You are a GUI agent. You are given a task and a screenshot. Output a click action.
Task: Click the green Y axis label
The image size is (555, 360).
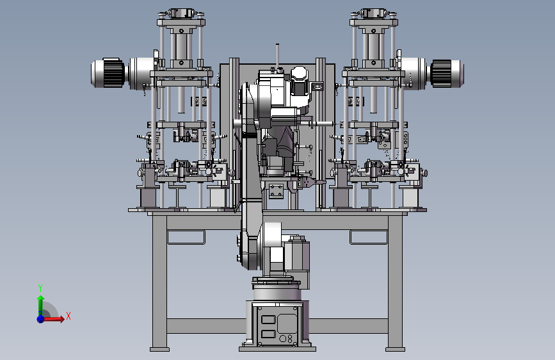(x=40, y=288)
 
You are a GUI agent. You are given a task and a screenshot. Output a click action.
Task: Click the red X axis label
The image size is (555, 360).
(x=68, y=316)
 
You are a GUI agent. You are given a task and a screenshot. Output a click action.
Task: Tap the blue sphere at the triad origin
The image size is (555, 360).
(x=41, y=319)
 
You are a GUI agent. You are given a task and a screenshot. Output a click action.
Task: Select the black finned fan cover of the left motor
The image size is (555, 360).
(x=113, y=72)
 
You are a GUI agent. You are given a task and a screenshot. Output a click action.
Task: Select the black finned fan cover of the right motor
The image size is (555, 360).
(x=441, y=72)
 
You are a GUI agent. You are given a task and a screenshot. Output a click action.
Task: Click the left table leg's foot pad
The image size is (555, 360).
(x=159, y=349)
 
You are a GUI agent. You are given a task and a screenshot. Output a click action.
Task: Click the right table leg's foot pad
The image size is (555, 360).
(x=395, y=349)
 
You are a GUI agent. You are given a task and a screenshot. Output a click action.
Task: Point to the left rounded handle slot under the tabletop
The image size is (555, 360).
(x=186, y=238)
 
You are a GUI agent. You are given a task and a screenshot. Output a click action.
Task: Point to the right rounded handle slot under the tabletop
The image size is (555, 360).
(x=369, y=238)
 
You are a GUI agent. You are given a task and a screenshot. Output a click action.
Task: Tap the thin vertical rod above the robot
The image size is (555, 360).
(x=277, y=56)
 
